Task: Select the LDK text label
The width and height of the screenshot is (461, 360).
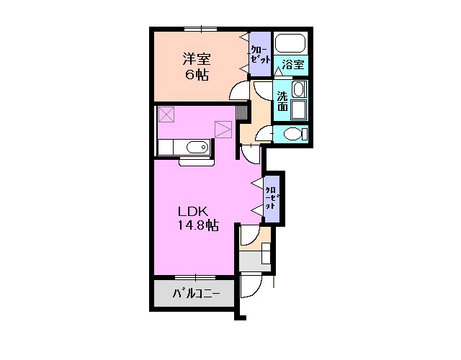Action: (194, 212)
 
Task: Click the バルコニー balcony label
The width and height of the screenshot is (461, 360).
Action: (195, 294)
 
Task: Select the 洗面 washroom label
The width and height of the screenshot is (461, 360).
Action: (283, 102)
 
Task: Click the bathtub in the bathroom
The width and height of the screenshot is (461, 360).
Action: (291, 42)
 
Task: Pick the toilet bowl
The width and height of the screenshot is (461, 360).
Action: (292, 135)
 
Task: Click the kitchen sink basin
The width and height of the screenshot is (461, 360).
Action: (195, 148)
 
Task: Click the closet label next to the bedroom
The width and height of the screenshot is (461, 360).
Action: (259, 51)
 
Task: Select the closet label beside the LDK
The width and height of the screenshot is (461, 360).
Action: (272, 197)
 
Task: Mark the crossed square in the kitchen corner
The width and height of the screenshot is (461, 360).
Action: (167, 114)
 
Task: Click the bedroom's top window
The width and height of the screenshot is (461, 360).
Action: (200, 29)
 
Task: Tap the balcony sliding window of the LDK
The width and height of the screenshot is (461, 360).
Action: (195, 276)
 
